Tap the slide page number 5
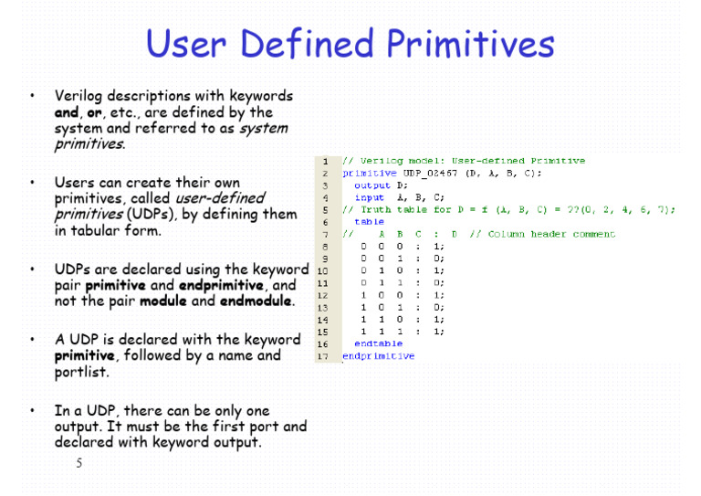(79, 463)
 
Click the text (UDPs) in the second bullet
(150, 215)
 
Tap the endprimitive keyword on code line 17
(378, 356)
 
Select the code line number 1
(325, 161)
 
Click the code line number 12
(323, 295)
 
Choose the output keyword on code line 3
(371, 185)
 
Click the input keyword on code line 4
(369, 197)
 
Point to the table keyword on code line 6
(369, 221)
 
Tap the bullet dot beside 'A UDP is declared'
(32, 340)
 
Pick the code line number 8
(325, 246)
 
